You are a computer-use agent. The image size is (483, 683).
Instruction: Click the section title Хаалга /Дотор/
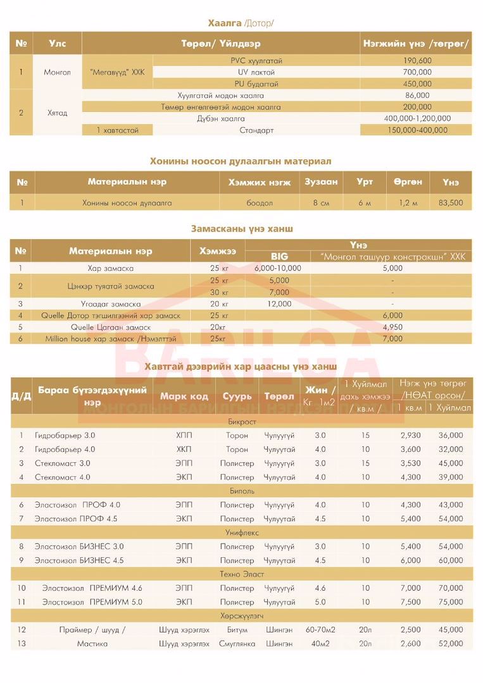[x=241, y=23]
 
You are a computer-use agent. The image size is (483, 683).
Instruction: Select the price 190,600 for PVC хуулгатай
[x=417, y=61]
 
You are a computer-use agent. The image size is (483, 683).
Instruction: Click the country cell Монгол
[x=58, y=72]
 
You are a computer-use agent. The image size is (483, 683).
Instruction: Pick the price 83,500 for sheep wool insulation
[x=450, y=203]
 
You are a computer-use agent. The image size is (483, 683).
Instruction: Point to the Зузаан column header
[x=321, y=182]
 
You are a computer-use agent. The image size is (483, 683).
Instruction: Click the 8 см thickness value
[x=321, y=203]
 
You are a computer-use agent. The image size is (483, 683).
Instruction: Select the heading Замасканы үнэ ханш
[x=242, y=228]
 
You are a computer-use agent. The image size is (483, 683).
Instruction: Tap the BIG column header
[x=279, y=256]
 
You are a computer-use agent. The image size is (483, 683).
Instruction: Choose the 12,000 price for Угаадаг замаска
[x=279, y=304]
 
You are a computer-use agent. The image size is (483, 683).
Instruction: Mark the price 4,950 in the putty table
[x=392, y=327]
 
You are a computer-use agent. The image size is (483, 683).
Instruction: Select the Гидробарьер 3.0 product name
[x=65, y=436]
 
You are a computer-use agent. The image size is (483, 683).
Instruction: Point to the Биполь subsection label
[x=241, y=491]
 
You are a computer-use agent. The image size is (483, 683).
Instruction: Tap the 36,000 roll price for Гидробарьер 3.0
[x=450, y=436]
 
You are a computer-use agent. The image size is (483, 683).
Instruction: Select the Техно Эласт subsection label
[x=241, y=574]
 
